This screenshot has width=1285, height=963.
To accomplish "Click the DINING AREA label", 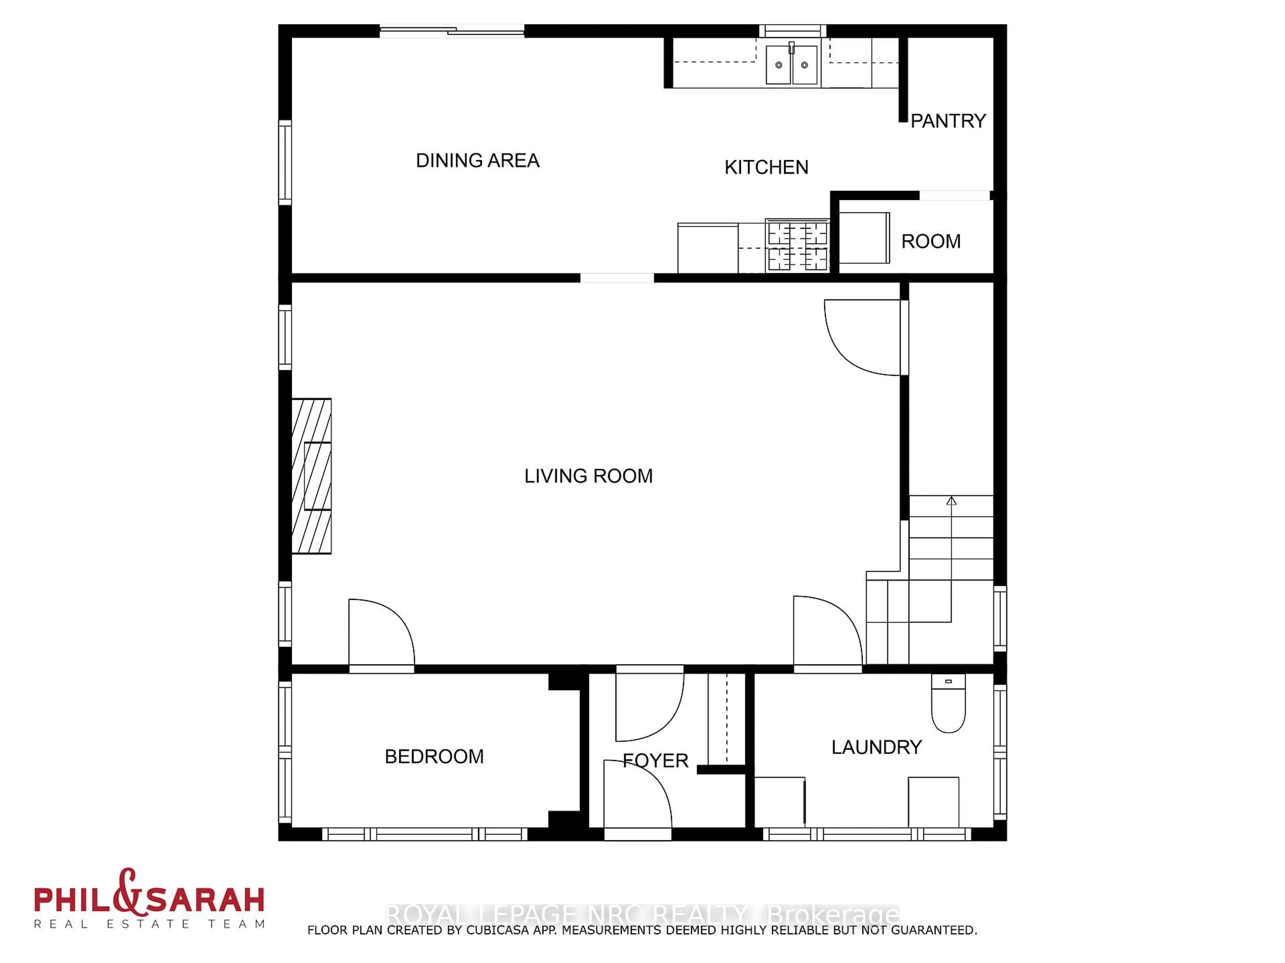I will point(478,160).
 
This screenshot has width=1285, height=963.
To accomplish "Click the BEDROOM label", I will point(434,756).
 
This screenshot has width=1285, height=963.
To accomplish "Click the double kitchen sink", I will point(791,65).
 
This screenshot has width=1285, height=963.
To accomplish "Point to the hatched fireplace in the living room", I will point(312,476).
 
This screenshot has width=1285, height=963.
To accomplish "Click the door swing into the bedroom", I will point(380,634).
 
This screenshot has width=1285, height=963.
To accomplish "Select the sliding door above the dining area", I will point(452,31).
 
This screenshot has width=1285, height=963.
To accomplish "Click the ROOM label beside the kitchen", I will point(931,241).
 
